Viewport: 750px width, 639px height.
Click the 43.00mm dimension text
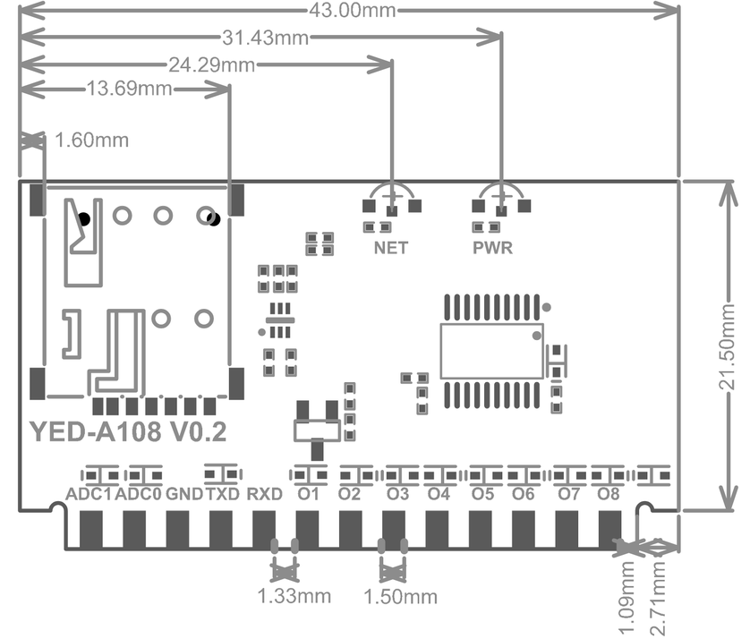(348, 10)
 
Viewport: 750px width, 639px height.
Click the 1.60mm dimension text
(91, 141)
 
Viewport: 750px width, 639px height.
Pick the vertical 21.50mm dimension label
(728, 344)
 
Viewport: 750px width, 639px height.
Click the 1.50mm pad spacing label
(402, 597)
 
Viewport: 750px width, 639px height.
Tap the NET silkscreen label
(391, 248)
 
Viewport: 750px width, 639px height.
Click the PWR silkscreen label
(493, 248)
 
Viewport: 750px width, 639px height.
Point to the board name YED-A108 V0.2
(129, 433)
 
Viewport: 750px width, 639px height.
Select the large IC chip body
(491, 351)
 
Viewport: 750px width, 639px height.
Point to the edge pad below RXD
(264, 530)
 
